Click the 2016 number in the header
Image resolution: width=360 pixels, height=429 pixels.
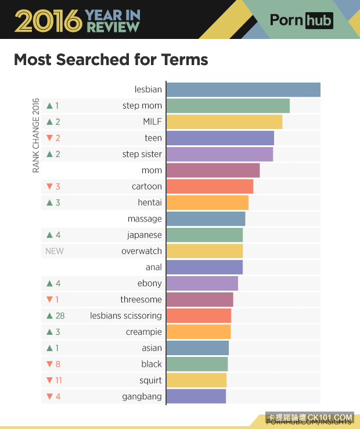pos(48,21)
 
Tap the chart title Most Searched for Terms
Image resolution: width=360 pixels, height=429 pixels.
pos(111,60)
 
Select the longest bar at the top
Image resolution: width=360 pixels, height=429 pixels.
pos(243,90)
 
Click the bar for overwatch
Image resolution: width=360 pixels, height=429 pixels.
pos(204,251)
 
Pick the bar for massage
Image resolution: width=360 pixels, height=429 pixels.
pos(206,219)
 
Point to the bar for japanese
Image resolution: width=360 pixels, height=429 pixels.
pos(204,235)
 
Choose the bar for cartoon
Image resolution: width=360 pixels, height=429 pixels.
pos(210,187)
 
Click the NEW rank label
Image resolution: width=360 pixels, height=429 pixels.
pos(55,251)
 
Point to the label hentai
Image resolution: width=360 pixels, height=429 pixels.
pos(150,203)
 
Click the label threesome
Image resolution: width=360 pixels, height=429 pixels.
pos(141,299)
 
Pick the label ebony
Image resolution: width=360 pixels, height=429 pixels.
pos(150,283)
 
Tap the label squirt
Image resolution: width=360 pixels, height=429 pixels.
pos(150,380)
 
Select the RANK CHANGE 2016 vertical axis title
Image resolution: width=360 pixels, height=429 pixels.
pos(36,135)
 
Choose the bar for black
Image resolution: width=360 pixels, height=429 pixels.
pos(197,364)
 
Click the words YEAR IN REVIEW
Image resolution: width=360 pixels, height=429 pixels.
pos(113,21)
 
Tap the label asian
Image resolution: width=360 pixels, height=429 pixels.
pos(152,348)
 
